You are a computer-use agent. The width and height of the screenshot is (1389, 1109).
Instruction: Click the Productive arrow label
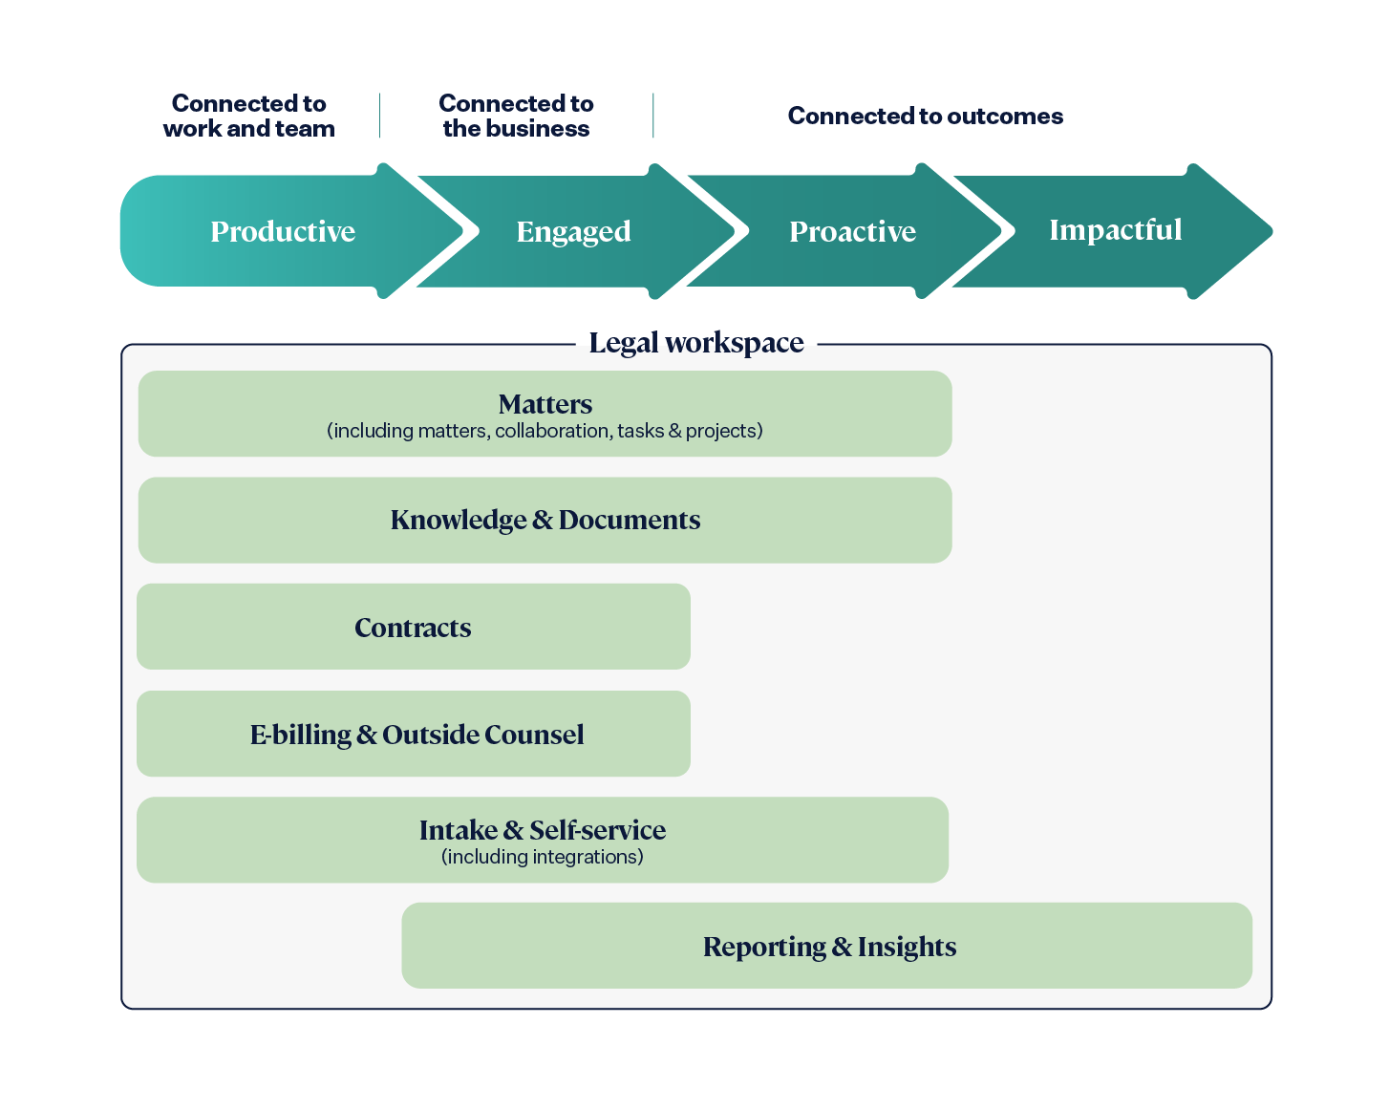[283, 231]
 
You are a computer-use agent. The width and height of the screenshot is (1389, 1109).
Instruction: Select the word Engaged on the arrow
[573, 231]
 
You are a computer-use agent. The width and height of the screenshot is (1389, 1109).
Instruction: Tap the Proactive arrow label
[852, 231]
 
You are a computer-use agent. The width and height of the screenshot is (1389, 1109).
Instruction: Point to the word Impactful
[1115, 229]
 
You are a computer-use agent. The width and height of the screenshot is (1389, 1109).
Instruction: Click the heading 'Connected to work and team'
[248, 116]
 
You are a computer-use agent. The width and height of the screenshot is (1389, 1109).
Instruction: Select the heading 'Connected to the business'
[516, 116]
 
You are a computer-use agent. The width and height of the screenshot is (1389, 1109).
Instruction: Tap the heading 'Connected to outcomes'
[925, 116]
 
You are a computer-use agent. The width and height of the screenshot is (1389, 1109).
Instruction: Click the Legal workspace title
[695, 342]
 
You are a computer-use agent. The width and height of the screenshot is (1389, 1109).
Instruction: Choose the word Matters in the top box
[545, 404]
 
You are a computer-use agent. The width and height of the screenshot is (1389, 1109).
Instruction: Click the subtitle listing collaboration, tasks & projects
[545, 431]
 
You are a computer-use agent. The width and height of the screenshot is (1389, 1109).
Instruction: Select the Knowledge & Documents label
[545, 520]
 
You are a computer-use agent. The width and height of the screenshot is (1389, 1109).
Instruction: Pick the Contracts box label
[413, 628]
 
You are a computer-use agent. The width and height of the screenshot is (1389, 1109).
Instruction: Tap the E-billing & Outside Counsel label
[417, 735]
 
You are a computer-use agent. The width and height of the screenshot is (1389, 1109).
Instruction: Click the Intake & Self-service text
[542, 830]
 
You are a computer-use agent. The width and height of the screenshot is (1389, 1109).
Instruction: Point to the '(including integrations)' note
[542, 857]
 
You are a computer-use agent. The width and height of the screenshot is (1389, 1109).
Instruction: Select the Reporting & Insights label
[829, 947]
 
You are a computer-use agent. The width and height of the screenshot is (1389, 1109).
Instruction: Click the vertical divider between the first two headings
[380, 116]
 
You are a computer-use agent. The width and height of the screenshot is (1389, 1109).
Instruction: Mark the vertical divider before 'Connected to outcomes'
[653, 116]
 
